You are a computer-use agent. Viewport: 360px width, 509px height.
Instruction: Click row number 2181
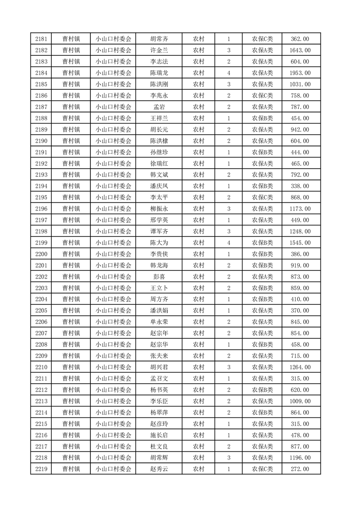pos(41,39)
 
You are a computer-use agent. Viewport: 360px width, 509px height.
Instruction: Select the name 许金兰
pos(159,50)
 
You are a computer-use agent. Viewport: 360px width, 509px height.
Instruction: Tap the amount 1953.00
pos(300,73)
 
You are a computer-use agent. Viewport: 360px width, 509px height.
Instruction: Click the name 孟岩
pos(159,107)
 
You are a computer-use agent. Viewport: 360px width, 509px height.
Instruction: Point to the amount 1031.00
pos(300,84)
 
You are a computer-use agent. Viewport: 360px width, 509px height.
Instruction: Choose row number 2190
pos(41,141)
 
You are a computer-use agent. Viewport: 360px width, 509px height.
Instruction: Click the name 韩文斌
pos(159,175)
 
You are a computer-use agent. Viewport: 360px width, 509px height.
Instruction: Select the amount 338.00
pos(300,186)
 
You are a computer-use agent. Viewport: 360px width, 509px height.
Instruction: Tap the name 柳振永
pos(159,209)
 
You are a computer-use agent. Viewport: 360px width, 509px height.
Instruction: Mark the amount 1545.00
pos(300,243)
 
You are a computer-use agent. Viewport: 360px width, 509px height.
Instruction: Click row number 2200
pos(41,254)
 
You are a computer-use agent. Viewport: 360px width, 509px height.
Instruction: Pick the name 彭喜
pos(159,277)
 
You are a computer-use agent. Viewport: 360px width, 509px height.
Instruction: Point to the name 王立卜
pos(159,288)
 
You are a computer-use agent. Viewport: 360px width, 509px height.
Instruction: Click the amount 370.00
pos(300,311)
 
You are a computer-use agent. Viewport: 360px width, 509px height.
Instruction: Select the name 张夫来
pos(159,356)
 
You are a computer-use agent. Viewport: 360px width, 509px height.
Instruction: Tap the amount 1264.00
pos(300,367)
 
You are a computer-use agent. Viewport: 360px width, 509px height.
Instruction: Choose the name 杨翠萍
pos(159,412)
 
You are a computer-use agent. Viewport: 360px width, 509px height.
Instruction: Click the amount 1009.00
pos(300,401)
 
